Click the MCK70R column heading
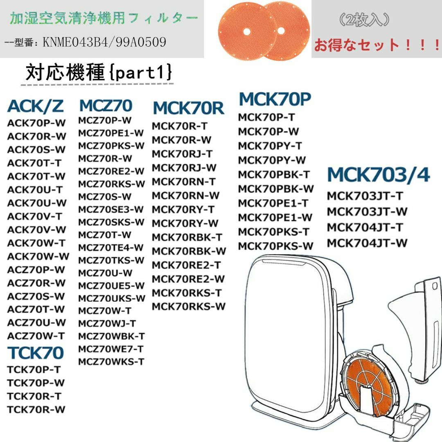tap(188, 108)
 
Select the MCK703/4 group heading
tap(378, 175)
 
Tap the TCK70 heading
tap(36, 353)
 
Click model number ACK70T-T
tap(34, 163)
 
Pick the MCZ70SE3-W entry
tap(111, 210)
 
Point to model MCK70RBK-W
tap(189, 251)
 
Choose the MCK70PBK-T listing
tap(274, 175)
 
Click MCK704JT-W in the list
tap(367, 243)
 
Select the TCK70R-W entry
tap(36, 409)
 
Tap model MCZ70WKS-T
tap(111, 362)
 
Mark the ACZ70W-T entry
tap(36, 336)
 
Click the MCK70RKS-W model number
tap(189, 307)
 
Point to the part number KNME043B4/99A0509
tap(104, 42)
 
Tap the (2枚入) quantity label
tap(364, 20)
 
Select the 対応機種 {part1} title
tap(98, 72)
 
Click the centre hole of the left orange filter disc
tap(247, 32)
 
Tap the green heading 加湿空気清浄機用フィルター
tap(104, 18)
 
